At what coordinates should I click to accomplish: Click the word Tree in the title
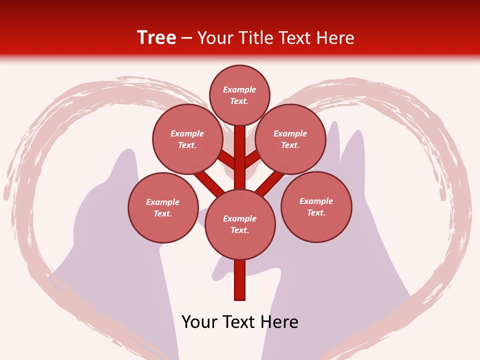[x=156, y=38]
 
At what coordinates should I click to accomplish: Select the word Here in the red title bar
[x=335, y=38]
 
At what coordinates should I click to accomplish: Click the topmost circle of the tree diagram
[x=239, y=95]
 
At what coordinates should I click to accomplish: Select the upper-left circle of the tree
[x=187, y=139]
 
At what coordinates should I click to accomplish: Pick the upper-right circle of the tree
[x=290, y=139]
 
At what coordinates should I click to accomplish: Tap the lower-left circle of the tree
[x=163, y=207]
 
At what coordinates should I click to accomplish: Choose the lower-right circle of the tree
[x=316, y=206]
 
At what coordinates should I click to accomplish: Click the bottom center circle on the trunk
[x=240, y=224]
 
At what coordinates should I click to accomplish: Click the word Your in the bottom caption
[x=199, y=322]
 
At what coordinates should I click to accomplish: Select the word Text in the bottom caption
[x=239, y=322]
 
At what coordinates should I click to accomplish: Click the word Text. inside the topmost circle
[x=239, y=101]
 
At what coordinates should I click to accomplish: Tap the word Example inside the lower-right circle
[x=316, y=201]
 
